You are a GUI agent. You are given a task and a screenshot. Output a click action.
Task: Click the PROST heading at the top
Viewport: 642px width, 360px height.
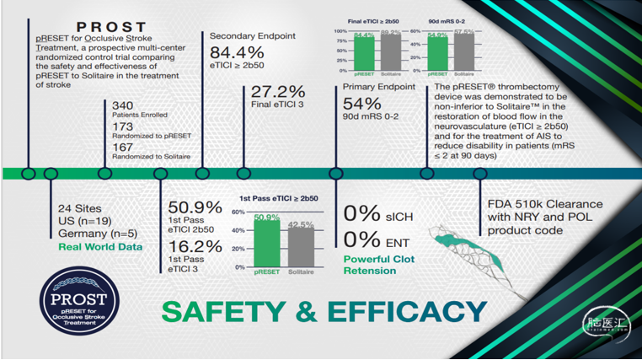click(x=111, y=28)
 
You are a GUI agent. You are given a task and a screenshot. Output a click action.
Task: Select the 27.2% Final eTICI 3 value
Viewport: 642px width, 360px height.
click(x=273, y=92)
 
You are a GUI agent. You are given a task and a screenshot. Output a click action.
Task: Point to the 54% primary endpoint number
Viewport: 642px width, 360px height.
click(x=361, y=103)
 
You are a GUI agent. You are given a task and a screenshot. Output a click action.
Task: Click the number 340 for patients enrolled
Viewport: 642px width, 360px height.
click(x=123, y=105)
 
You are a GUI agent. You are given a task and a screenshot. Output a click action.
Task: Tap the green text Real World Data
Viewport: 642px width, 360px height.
click(x=99, y=246)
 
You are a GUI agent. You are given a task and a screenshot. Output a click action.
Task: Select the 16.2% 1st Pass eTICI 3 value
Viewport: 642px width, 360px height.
click(x=195, y=246)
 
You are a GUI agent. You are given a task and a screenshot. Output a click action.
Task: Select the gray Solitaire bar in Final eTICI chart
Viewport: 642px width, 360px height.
click(x=391, y=54)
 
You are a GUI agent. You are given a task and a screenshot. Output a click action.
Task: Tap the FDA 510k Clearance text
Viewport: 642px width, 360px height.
click(x=545, y=204)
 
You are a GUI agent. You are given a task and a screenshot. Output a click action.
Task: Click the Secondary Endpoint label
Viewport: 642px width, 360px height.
click(x=252, y=36)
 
